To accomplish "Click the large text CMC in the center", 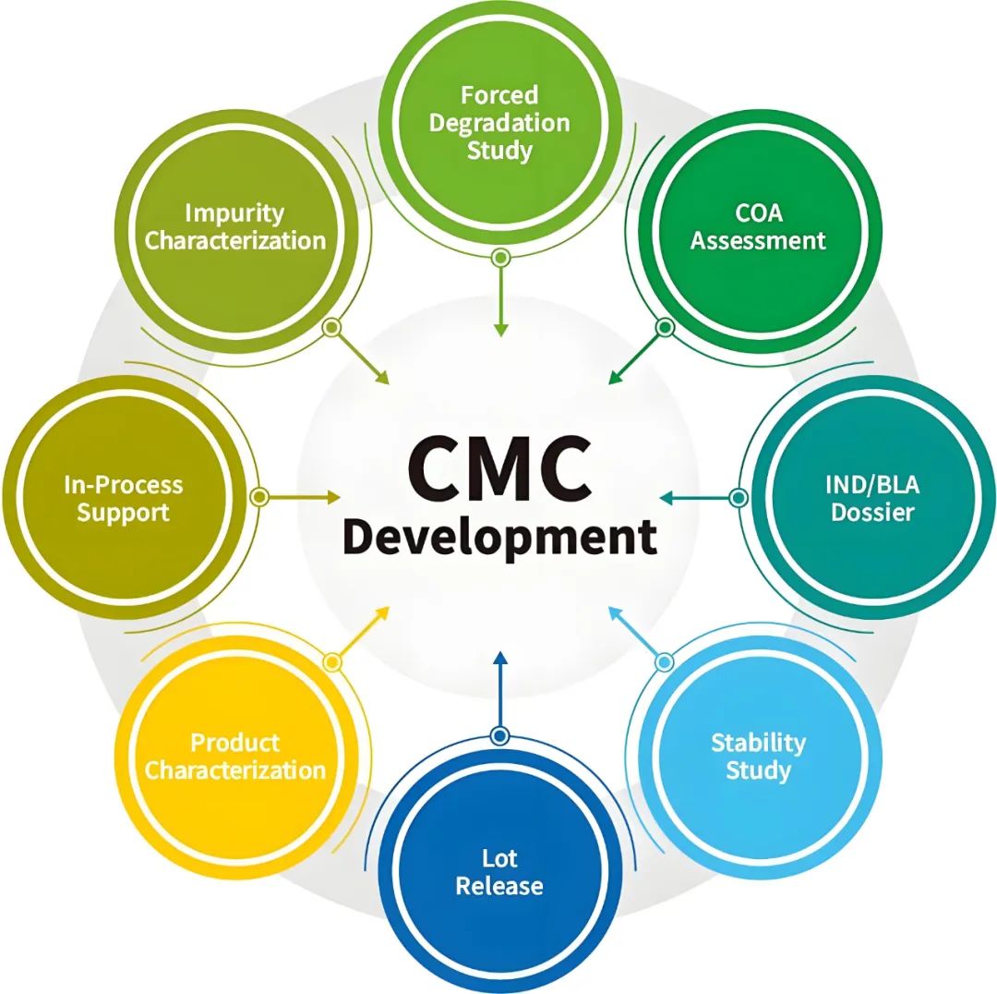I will point(499,467).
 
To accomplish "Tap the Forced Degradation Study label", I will point(499,122).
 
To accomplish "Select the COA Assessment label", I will point(758,226).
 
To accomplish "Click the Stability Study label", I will point(758,756).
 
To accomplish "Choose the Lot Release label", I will point(499,872).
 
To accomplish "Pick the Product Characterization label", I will point(235,756).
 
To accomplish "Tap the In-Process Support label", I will point(124,498).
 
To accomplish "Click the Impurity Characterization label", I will point(235,226).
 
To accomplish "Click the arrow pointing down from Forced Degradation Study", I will point(500,300).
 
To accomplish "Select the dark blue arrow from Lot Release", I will point(500,688).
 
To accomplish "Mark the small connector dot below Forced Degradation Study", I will point(500,257).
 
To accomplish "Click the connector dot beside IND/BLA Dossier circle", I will point(738,498).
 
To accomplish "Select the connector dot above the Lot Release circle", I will point(500,735).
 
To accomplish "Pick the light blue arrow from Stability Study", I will point(637,634).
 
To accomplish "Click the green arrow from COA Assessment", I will point(637,355).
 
